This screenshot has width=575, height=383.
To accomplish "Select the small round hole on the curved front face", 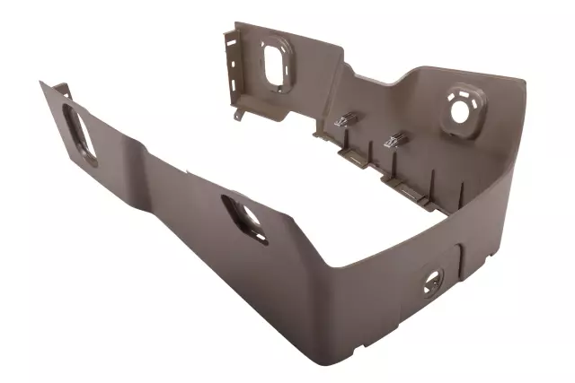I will pyautogui.click(x=434, y=281).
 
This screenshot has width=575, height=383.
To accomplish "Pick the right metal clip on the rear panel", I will pyautogui.click(x=394, y=140).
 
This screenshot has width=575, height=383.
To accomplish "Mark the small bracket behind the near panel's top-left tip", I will pyautogui.click(x=61, y=89).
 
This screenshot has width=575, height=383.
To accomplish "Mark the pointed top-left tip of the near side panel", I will pyautogui.click(x=41, y=83).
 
